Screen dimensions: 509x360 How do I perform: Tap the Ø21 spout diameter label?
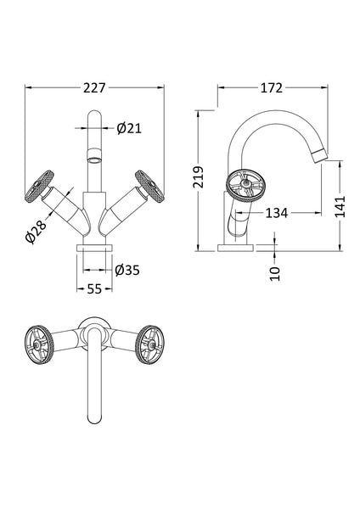[x=128, y=128]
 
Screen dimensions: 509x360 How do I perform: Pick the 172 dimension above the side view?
[x=272, y=87]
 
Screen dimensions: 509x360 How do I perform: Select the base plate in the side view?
[x=235, y=247]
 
